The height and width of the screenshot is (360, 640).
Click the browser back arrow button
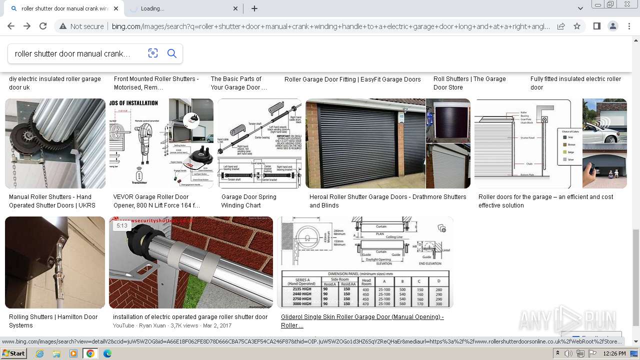11,26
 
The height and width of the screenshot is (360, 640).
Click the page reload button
43,26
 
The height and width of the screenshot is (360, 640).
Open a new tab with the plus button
254,8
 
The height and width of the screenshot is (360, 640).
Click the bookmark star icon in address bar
577,26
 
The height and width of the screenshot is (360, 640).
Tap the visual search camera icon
153,53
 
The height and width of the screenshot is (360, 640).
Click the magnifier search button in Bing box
172,53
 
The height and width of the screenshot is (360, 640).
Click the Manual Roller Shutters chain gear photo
55,143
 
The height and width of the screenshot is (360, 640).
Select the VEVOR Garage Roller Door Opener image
161,143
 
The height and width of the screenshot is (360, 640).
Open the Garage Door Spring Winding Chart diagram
259,143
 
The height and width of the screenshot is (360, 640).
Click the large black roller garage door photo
365,143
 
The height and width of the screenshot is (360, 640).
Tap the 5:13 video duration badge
122,225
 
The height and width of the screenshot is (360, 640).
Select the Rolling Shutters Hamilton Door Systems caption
53,321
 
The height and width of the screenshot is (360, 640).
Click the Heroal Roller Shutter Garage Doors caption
387,201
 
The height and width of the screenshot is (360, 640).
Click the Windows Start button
14,353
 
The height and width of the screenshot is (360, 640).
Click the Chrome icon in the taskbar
90,353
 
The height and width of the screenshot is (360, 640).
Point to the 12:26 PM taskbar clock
614,353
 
